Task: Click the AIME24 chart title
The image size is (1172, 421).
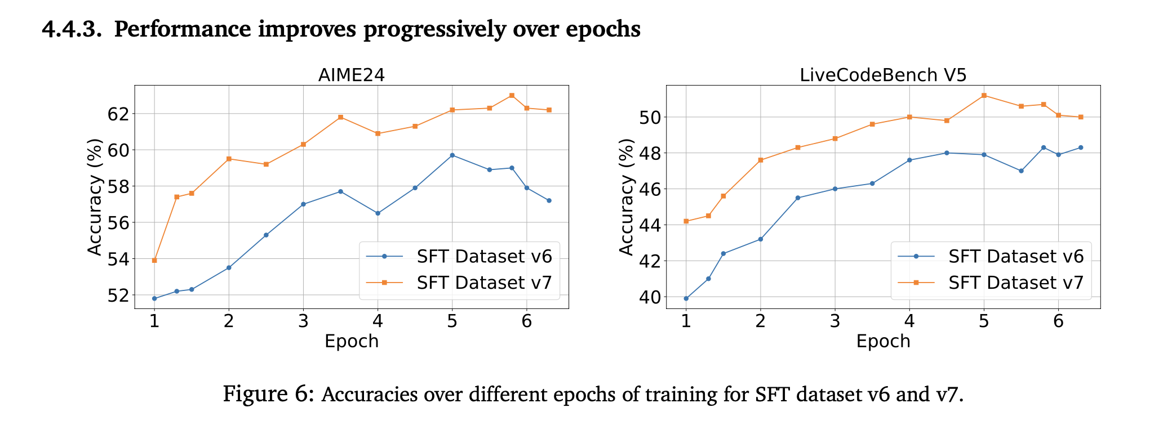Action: pos(351,75)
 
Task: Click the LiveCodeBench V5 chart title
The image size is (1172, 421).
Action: pos(883,75)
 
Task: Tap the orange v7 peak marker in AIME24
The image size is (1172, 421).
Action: pos(512,95)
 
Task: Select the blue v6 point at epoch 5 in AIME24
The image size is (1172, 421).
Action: pos(452,155)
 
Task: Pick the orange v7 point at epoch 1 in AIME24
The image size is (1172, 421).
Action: pos(154,260)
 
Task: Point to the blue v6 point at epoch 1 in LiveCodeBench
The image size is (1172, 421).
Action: pos(686,298)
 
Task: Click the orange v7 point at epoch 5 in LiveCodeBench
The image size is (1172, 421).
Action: pos(984,95)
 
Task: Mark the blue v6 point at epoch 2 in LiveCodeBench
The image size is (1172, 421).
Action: pos(760,239)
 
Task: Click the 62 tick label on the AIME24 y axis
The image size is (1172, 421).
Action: pos(118,114)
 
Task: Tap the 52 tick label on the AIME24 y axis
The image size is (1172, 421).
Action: pos(118,295)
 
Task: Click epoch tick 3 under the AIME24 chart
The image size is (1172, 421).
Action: pos(303,321)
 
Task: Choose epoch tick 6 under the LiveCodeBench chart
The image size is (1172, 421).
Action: pos(1058,321)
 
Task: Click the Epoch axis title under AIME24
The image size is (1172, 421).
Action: pos(351,341)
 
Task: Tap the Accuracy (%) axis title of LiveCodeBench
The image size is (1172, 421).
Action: pos(626,196)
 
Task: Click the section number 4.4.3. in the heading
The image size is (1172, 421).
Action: pos(72,29)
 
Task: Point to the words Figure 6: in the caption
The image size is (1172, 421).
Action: pos(268,393)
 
